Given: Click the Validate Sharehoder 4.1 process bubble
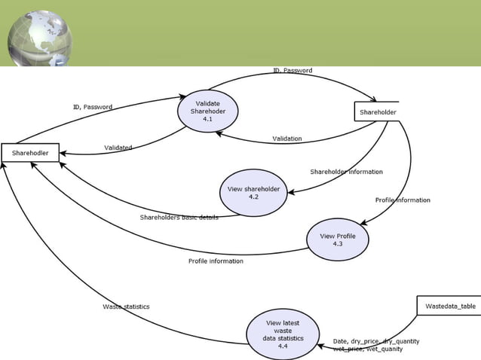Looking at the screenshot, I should click(207, 111).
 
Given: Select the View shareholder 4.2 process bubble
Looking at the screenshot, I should click(253, 193).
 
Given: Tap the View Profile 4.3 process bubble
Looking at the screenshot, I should click(337, 239).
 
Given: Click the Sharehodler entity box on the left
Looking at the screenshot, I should click(29, 153).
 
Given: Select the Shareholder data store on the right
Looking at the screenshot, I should click(377, 112).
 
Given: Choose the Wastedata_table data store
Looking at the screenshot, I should click(449, 307).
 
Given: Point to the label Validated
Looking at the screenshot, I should click(118, 148).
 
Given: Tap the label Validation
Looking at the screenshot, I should click(286, 139).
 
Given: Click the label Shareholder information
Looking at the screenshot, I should click(346, 172).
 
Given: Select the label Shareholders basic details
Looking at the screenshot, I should click(179, 218).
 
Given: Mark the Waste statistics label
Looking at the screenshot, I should click(126, 307).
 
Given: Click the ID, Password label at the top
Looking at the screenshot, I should click(292, 70).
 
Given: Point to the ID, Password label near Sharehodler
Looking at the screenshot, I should click(92, 107).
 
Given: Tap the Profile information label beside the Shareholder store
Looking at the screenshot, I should click(403, 200).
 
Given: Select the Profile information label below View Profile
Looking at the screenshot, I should click(216, 261).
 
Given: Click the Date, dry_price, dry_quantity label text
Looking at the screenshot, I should click(375, 341).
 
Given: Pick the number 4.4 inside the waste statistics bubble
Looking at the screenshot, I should click(282, 346).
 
